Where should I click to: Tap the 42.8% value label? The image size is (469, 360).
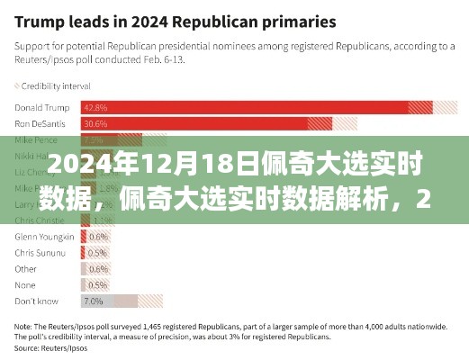[x=95, y=106]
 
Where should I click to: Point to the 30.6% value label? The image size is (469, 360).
[x=95, y=123]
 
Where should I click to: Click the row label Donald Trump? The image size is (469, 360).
[x=41, y=106]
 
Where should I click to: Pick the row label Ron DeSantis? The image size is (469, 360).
[x=39, y=123]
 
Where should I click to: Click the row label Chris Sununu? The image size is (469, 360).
[x=40, y=252]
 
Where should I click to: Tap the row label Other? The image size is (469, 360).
[x=27, y=268]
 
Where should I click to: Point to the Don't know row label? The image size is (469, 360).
[x=35, y=301]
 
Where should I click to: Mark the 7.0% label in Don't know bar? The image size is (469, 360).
[x=94, y=301]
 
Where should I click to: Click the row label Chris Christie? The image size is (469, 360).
[x=39, y=220]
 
